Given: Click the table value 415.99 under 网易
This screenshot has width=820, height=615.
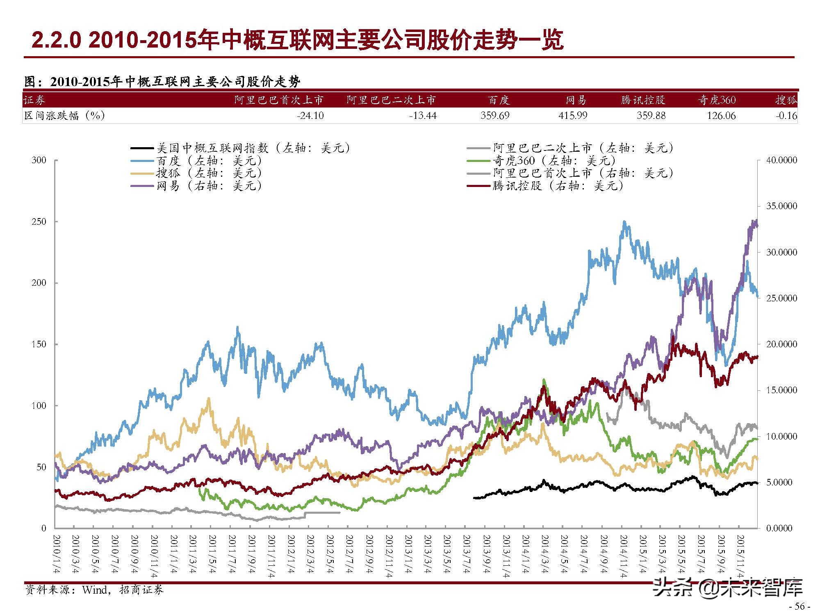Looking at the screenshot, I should pyautogui.click(x=572, y=116).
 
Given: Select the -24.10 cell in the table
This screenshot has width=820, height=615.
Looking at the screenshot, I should pyautogui.click(x=310, y=116).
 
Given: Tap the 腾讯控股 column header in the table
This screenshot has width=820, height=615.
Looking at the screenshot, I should pyautogui.click(x=642, y=100).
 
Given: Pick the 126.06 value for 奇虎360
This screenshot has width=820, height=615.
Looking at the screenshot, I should pyautogui.click(x=721, y=116).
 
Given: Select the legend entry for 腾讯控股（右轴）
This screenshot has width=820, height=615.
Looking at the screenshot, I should pyautogui.click(x=558, y=186).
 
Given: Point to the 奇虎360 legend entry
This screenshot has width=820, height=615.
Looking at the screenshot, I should pyautogui.click(x=553, y=161).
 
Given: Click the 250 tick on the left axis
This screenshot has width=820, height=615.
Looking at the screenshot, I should pyautogui.click(x=39, y=222).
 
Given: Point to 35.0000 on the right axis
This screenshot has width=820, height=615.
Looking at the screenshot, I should pyautogui.click(x=781, y=206).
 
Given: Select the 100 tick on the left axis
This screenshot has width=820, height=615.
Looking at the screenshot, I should pyautogui.click(x=39, y=406).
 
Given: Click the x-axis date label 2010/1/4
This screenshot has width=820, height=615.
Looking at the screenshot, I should pyautogui.click(x=57, y=553).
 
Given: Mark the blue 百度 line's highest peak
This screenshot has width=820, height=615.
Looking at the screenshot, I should pyautogui.click(x=624, y=223).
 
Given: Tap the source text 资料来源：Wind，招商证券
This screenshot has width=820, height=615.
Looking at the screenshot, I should pyautogui.click(x=94, y=590).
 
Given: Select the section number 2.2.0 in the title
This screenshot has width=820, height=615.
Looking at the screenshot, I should pyautogui.click(x=57, y=40).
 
